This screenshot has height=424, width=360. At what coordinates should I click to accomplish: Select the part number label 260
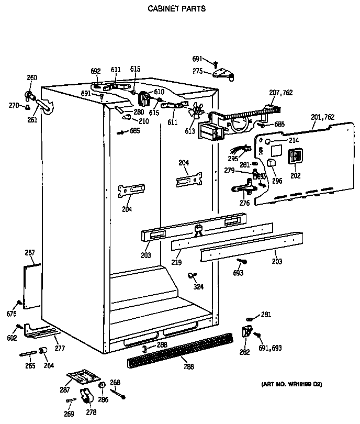click(32, 78)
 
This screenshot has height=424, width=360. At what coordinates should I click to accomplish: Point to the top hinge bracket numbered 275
click(226, 75)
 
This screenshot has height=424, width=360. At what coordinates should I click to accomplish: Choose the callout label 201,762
click(322, 117)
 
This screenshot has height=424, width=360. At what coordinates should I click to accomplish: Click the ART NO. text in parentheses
click(291, 385)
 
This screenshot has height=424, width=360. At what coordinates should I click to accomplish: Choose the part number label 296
click(277, 181)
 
